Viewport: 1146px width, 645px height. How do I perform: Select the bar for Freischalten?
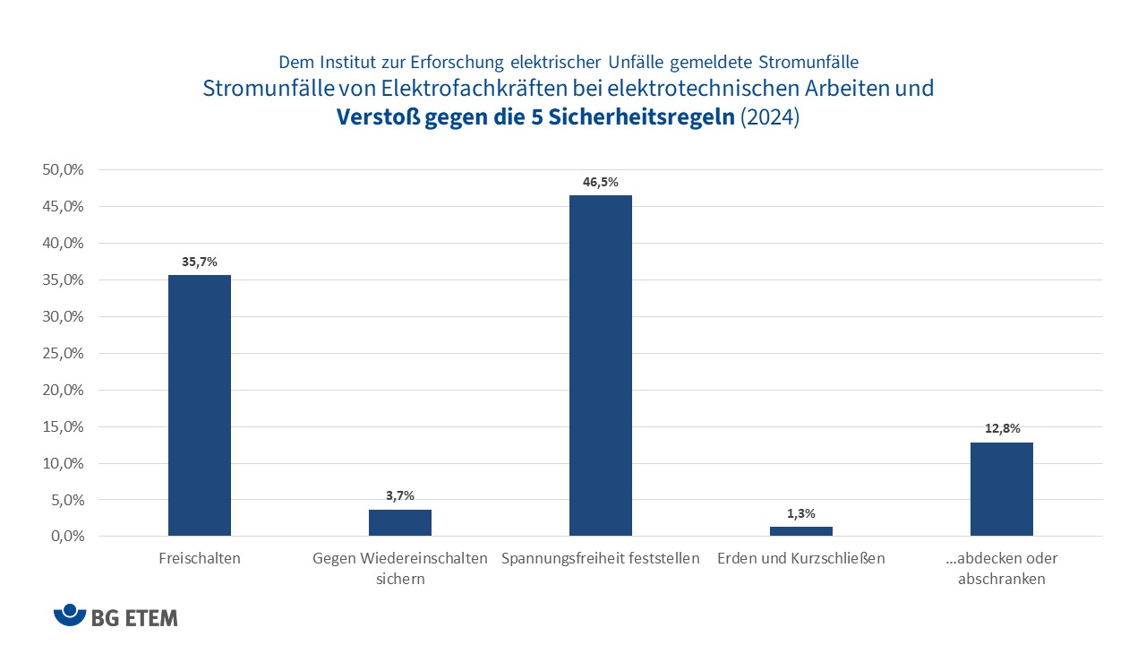pos(199,405)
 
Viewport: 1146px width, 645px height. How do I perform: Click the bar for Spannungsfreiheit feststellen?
pos(600,365)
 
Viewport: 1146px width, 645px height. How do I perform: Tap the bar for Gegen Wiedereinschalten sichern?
pos(399,522)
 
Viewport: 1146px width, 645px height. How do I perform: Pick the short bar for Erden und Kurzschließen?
pos(800,531)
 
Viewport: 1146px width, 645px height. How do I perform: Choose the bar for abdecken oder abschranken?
pos(1001,489)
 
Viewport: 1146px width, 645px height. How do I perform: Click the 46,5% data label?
pos(600,182)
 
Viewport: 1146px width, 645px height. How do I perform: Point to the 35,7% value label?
pos(199,262)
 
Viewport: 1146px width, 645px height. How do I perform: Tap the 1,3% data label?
pos(800,513)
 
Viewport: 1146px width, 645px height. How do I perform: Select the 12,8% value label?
pos(1001,428)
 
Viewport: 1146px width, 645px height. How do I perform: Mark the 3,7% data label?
pos(399,495)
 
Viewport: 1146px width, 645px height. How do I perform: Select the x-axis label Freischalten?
pos(199,558)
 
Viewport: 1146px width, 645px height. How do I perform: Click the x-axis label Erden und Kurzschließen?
pos(800,558)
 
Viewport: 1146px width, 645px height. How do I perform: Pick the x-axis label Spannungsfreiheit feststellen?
pos(600,558)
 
